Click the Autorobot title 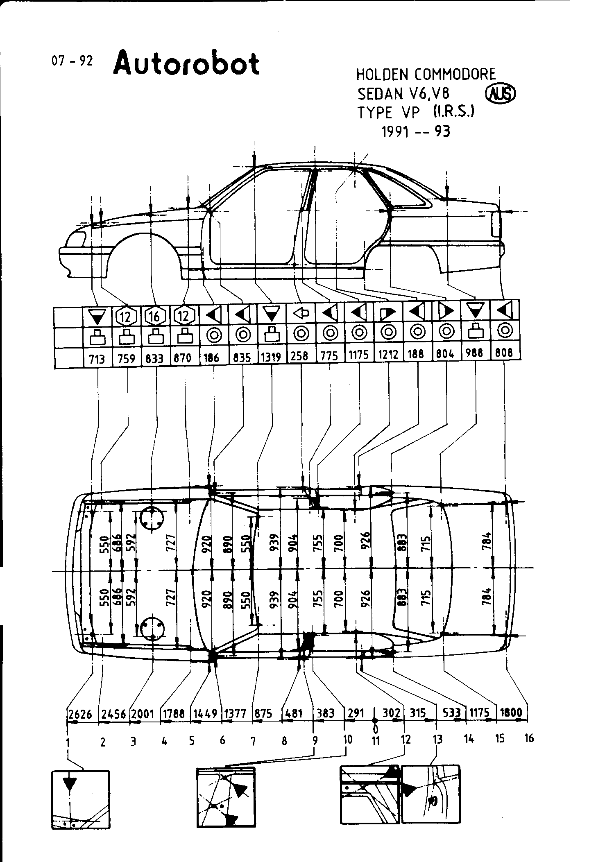pyautogui.click(x=186, y=64)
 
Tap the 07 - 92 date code pyautogui.click(x=72, y=61)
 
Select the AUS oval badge pyautogui.click(x=500, y=95)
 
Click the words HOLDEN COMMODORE pyautogui.click(x=426, y=75)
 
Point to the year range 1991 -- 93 pyautogui.click(x=416, y=131)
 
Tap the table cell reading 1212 pyautogui.click(x=388, y=354)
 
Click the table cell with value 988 pyautogui.click(x=475, y=353)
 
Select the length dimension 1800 pyautogui.click(x=511, y=712)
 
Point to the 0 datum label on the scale pyautogui.click(x=375, y=729)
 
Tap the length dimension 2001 pyautogui.click(x=143, y=713)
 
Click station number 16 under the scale pyautogui.click(x=529, y=738)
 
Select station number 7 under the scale pyautogui.click(x=253, y=741)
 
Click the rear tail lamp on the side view pyautogui.click(x=497, y=224)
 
